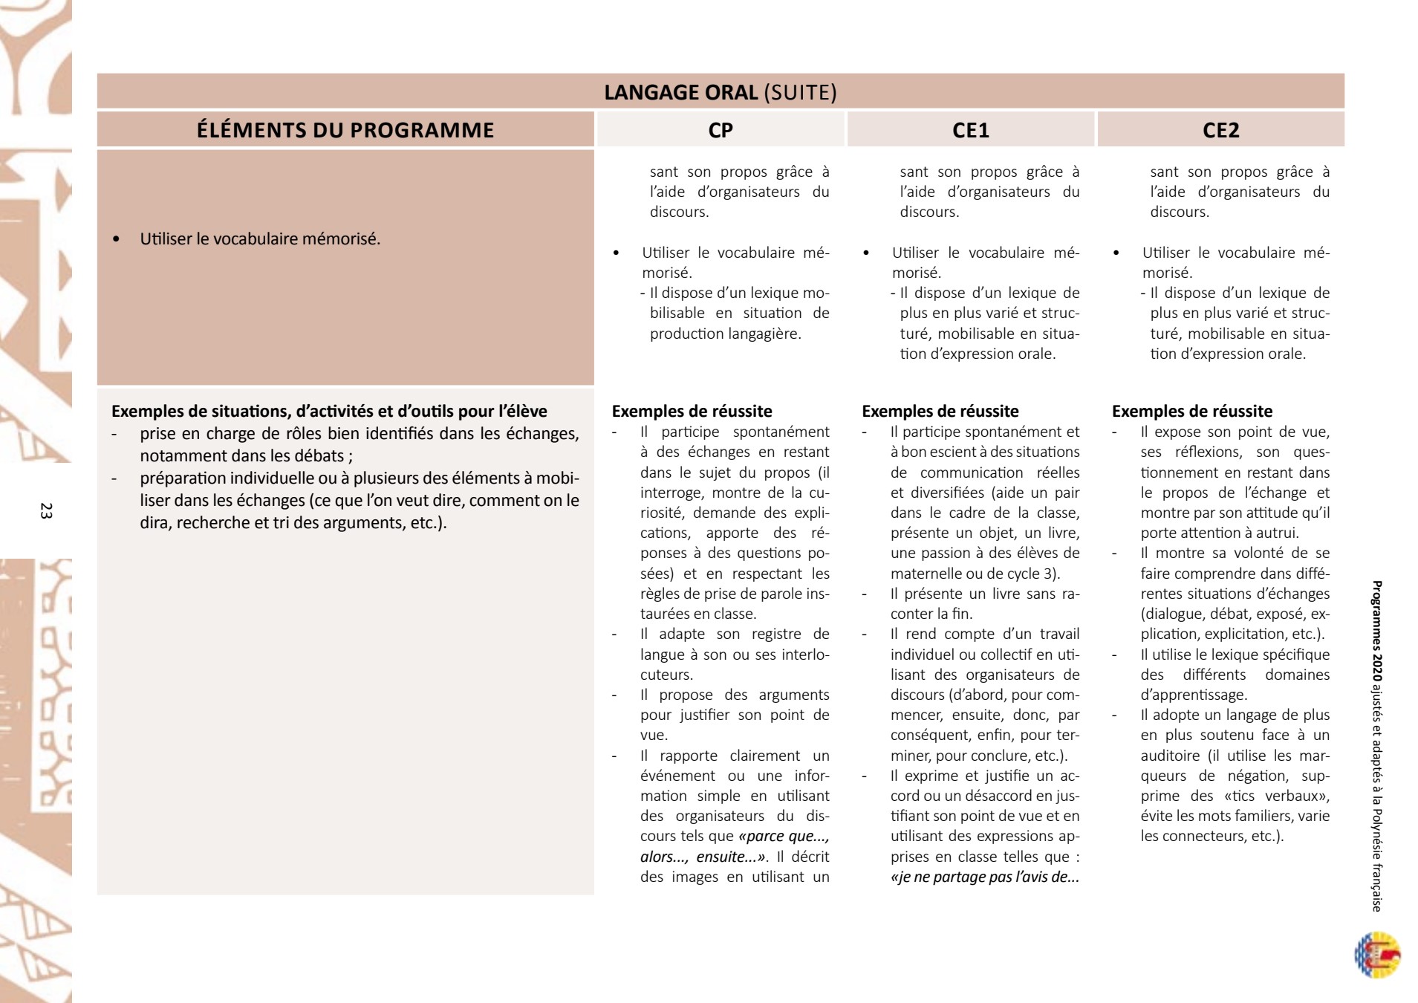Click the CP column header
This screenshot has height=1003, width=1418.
[x=721, y=130]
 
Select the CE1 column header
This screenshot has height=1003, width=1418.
[x=970, y=130]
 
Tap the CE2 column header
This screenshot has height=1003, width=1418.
[x=1220, y=130]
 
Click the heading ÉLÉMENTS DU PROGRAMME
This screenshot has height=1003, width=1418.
[x=345, y=130]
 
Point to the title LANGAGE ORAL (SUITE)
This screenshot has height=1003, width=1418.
[x=720, y=92]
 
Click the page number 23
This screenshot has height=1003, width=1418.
[x=46, y=510]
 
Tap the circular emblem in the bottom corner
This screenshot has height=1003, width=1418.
[x=1377, y=955]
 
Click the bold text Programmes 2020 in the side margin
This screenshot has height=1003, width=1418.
[x=1376, y=632]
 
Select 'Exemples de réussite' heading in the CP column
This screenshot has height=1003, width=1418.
[x=692, y=412]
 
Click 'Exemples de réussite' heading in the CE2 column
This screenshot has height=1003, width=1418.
[x=1191, y=412]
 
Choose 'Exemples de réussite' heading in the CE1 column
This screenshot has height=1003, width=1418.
[x=940, y=412]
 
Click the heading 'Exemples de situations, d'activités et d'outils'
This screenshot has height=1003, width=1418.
[x=329, y=411]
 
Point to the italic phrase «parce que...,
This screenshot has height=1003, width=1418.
[x=784, y=836]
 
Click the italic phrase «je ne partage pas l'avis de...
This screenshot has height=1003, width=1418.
[x=984, y=877]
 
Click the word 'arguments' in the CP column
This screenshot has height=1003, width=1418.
[x=793, y=695]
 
